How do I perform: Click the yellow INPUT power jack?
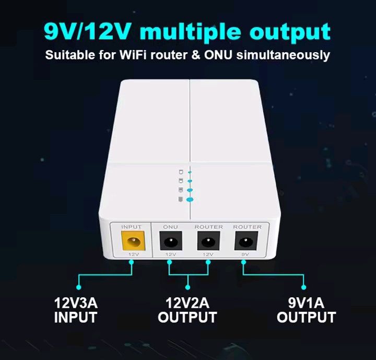click(131, 242)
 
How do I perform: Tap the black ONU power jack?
click(170, 242)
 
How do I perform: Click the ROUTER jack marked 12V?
click(208, 242)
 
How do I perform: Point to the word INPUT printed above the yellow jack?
click(131, 227)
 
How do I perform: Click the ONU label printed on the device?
click(170, 227)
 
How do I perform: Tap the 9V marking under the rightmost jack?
click(247, 254)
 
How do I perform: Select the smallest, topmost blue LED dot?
click(190, 171)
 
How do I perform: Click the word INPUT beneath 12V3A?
click(76, 317)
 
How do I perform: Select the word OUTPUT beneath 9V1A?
click(306, 317)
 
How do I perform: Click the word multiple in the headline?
click(189, 32)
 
